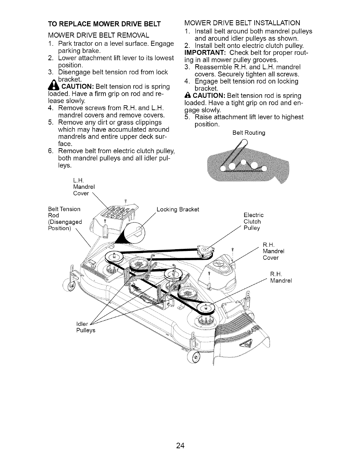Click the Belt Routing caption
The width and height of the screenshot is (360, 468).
[x=249, y=133]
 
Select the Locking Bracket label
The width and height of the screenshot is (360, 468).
[x=178, y=209]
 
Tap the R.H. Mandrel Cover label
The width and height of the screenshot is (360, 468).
[x=271, y=251]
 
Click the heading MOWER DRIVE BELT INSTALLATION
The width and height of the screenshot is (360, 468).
[x=242, y=23]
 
